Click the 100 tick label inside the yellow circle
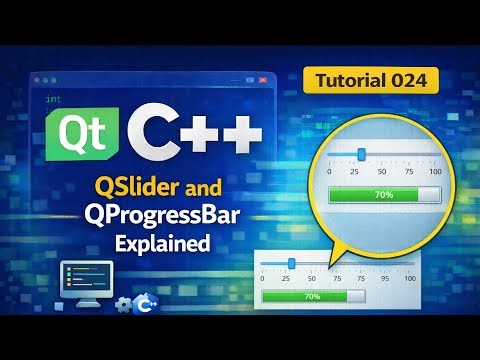click(435, 172)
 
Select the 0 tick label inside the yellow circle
click(329, 172)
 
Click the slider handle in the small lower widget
click(291, 262)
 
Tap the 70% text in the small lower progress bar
click(311, 297)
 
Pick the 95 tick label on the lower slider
click(384, 277)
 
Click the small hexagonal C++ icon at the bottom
click(146, 303)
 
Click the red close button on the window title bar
click(263, 78)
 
